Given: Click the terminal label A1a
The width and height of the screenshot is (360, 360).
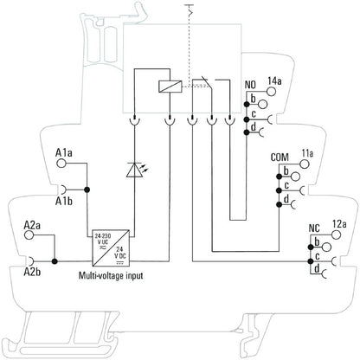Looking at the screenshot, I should click(x=63, y=153).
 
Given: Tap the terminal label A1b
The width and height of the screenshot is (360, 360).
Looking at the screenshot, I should click(x=63, y=202).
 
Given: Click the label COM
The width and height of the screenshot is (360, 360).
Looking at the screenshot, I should click(x=280, y=157).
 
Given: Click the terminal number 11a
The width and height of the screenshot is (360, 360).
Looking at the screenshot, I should click(x=307, y=154).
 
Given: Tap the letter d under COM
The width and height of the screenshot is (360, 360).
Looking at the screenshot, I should click(x=285, y=200).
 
